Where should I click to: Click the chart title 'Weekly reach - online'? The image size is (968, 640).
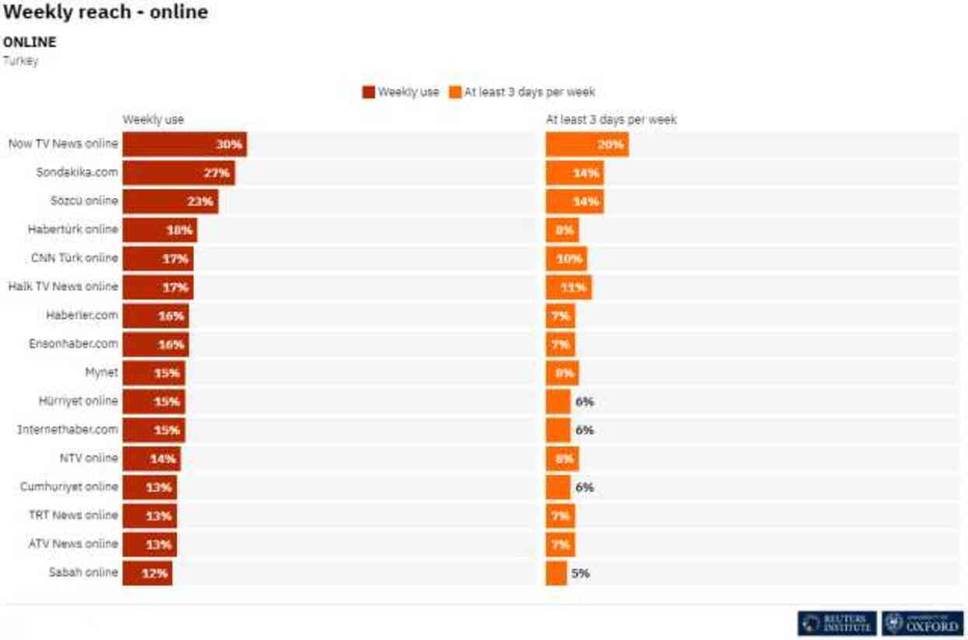coord(106,12)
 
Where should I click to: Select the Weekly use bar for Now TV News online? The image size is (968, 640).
coord(184,144)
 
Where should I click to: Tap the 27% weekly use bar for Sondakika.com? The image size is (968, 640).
coord(178,173)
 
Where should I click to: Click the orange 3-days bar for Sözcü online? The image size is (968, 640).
coord(575,201)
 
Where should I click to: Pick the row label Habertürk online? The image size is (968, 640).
coord(72,229)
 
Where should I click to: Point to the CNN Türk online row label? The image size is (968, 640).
coord(74,258)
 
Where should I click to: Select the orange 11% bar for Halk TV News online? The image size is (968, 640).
coord(568,288)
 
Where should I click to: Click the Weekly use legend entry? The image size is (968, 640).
coord(401,92)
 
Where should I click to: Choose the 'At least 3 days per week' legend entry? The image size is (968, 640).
coord(522,92)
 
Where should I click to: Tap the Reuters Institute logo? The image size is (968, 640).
coord(837,623)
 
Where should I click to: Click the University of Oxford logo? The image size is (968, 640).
coord(923,623)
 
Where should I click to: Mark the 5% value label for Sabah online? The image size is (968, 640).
coord(580,574)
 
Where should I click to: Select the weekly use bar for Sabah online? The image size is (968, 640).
coord(147,574)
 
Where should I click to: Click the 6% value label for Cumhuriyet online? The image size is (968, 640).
coord(584,488)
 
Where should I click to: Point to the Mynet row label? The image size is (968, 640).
coord(101,372)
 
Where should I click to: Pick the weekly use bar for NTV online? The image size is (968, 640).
coord(151,459)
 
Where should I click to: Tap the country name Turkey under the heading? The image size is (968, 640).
coord(20,61)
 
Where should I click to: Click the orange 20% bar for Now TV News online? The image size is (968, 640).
coord(587,144)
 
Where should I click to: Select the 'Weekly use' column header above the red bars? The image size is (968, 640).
coord(153,120)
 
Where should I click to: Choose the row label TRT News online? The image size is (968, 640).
coord(73,516)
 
